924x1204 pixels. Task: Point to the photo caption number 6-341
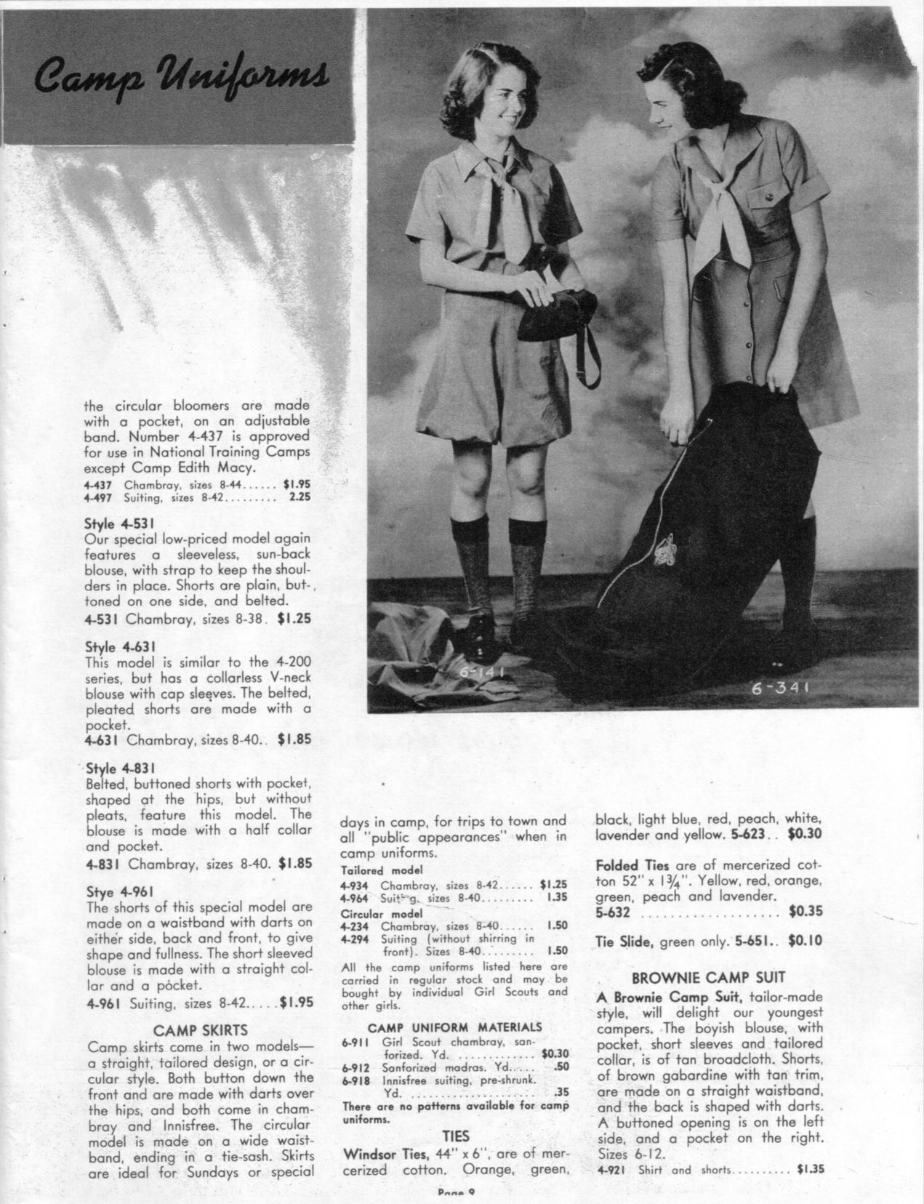[788, 686]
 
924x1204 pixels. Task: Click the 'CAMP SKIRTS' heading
[201, 1030]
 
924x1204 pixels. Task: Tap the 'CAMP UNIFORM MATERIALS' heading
[454, 1027]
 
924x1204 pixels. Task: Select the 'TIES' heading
[455, 1136]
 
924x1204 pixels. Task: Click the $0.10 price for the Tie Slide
[805, 941]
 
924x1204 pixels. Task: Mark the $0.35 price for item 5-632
[805, 911]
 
